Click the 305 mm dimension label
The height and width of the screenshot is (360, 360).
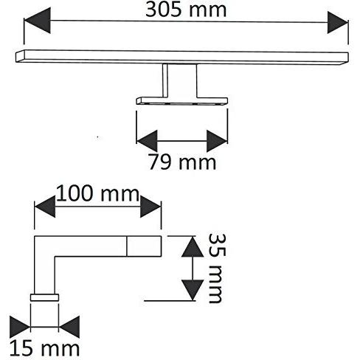tap(186, 10)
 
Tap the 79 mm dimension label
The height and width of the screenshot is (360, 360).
tap(182, 162)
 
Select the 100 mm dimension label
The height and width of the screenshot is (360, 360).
tap(98, 194)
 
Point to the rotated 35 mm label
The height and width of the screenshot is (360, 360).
tap(218, 268)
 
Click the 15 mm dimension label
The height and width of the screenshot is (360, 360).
tap(44, 348)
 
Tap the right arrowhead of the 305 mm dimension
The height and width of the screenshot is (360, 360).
tap(338, 22)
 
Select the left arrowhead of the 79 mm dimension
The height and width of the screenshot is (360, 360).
tap(147, 141)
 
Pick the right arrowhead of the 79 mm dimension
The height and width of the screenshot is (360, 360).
tap(217, 141)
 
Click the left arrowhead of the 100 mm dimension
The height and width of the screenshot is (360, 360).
tap(45, 207)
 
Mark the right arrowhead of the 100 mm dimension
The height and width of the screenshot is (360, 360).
tap(150, 207)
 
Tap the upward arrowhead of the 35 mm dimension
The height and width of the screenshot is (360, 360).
tap(193, 246)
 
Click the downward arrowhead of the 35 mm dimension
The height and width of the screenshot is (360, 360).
tap(193, 290)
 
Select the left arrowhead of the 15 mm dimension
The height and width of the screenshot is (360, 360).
tap(20, 327)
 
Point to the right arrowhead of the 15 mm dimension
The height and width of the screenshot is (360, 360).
tap(69, 327)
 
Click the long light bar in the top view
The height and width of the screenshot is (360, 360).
tap(182, 58)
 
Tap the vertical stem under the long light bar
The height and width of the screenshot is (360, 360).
tap(179, 81)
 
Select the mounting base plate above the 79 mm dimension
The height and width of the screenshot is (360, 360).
tap(182, 101)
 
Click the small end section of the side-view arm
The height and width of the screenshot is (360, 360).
tap(144, 246)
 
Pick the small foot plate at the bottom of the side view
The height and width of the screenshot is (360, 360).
tap(44, 297)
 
